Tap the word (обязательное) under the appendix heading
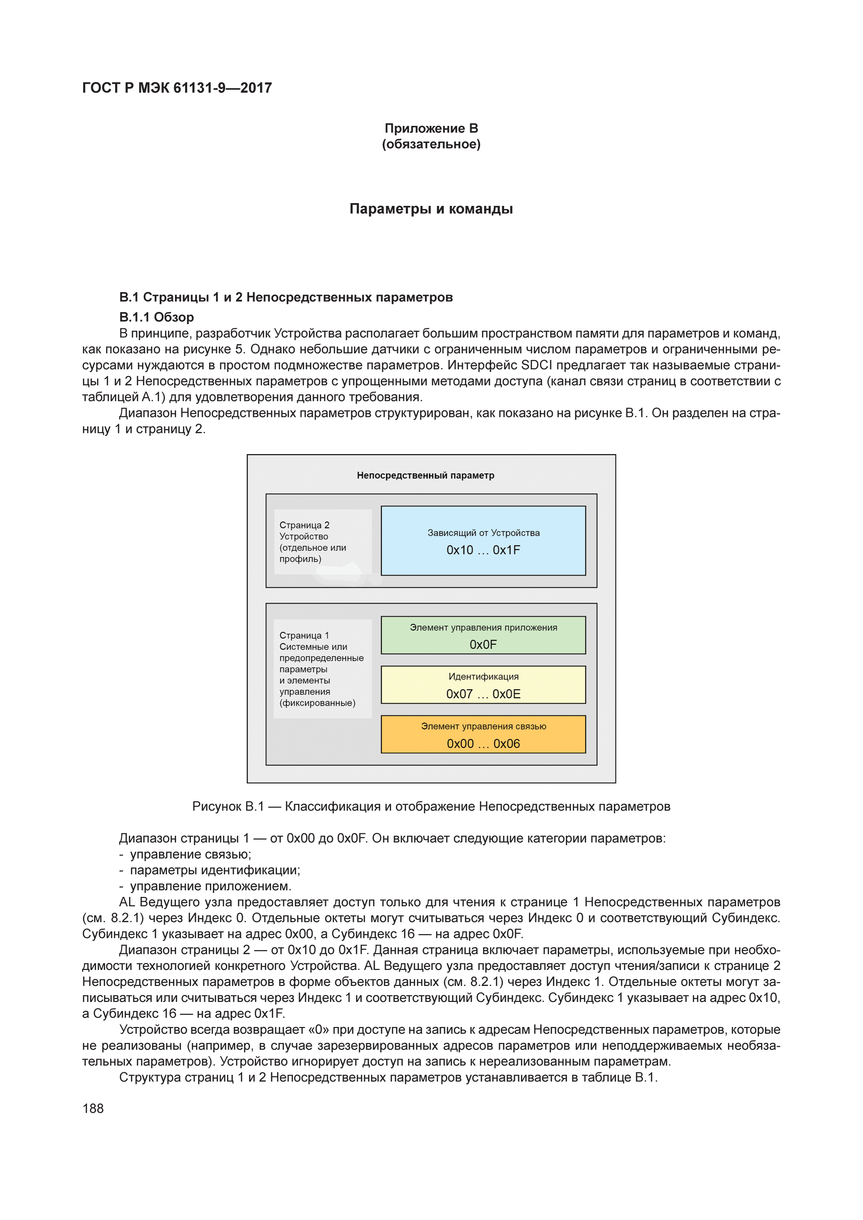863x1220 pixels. tap(431, 145)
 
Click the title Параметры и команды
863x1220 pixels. tap(431, 209)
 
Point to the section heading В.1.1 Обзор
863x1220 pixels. tap(156, 317)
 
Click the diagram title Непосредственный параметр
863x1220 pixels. tap(425, 475)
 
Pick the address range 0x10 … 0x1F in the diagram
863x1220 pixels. tap(483, 551)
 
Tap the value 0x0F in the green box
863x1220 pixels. tap(483, 644)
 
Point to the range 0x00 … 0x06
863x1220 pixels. tap(483, 744)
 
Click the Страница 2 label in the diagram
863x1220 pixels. tap(305, 525)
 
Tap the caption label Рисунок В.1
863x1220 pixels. tap(228, 806)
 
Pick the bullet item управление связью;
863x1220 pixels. tap(190, 854)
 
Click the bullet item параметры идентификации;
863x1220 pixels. tap(215, 870)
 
